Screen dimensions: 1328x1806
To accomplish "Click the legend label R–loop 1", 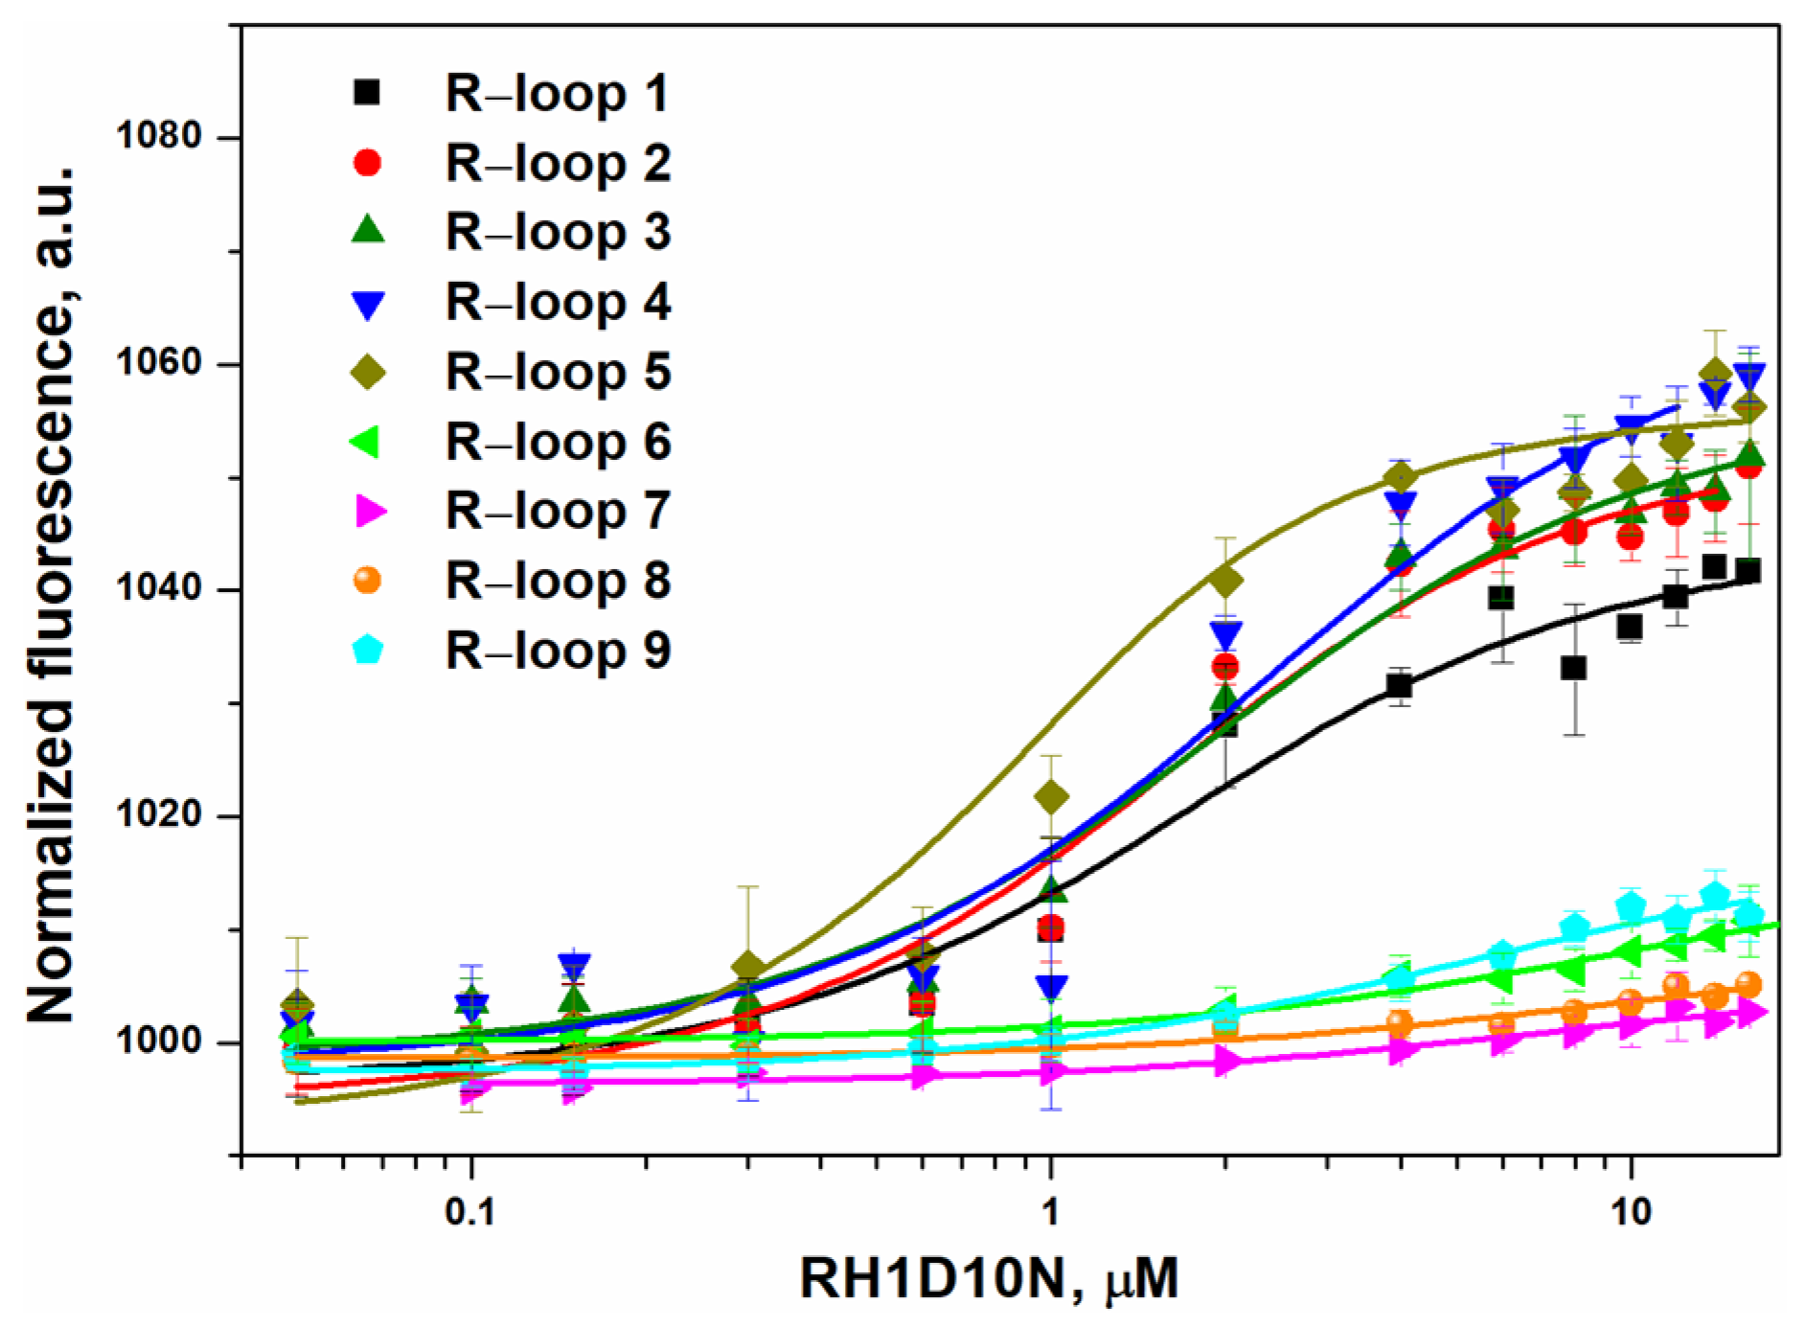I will [x=557, y=94].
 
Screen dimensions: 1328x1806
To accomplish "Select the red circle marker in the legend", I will [x=368, y=164].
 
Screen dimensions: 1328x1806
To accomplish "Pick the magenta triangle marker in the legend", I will [x=370, y=512].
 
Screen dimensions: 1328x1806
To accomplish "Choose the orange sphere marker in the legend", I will [x=368, y=581].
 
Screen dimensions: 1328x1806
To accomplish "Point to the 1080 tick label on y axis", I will [x=159, y=137].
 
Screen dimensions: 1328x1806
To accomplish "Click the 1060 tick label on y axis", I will [x=159, y=364].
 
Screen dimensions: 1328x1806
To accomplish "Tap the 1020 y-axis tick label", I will [x=159, y=816].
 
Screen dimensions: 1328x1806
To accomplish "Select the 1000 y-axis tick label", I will [x=159, y=1042].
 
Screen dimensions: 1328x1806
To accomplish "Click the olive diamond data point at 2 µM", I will [x=1224, y=580].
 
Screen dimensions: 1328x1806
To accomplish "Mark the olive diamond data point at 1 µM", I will [x=1051, y=796].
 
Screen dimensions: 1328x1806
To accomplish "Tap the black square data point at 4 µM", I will [x=1399, y=686].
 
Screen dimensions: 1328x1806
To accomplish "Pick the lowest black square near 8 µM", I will [x=1573, y=668].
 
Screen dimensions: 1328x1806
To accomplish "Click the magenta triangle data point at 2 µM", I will [x=1225, y=1061].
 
